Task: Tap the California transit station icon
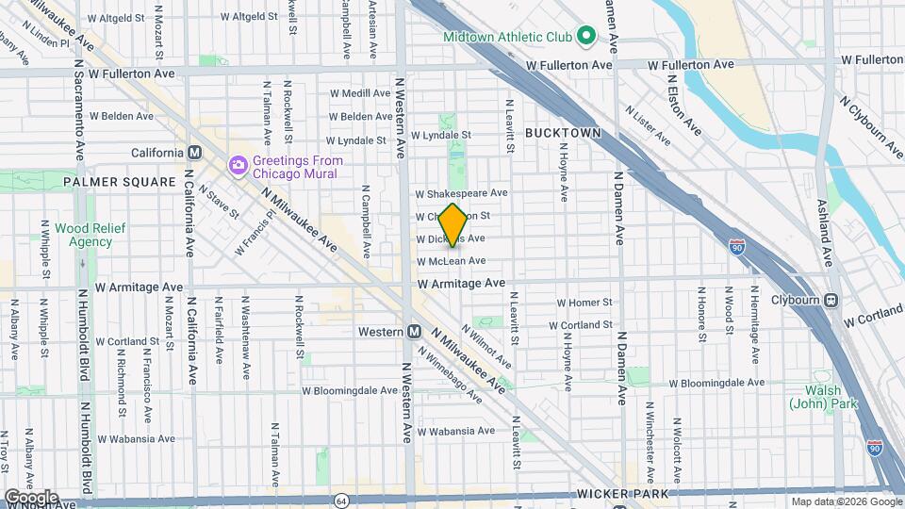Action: pos(195,153)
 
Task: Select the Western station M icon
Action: pos(414,332)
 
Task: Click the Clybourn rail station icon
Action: pos(831,301)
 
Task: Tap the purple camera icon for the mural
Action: pos(238,166)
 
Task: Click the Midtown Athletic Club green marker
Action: pos(585,38)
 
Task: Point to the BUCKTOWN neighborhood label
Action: pos(563,133)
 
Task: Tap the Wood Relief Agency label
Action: pos(83,235)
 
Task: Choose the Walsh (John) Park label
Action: pos(817,397)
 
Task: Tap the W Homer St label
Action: pos(584,303)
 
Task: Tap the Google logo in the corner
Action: pos(30,497)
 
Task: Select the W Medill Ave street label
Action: pos(359,93)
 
